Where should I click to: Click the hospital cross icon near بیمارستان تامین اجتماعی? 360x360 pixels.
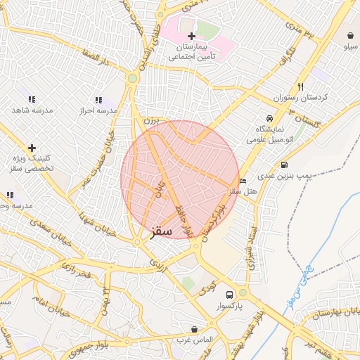click(x=191, y=36)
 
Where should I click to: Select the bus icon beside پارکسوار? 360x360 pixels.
click(x=229, y=295)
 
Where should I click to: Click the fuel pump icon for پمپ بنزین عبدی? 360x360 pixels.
click(x=284, y=165)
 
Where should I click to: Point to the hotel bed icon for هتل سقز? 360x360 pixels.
click(x=243, y=181)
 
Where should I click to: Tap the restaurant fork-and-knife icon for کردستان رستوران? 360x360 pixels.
click(x=300, y=86)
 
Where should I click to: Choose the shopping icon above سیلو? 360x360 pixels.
click(x=351, y=35)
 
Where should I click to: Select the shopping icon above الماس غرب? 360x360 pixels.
click(x=194, y=329)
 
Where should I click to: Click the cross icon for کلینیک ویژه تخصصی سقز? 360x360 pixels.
click(x=31, y=148)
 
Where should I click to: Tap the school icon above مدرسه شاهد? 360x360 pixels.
click(x=31, y=100)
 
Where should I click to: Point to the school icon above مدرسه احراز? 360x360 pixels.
click(x=98, y=100)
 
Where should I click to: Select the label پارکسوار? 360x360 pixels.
click(x=229, y=307)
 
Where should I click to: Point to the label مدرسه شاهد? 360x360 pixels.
click(x=31, y=111)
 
